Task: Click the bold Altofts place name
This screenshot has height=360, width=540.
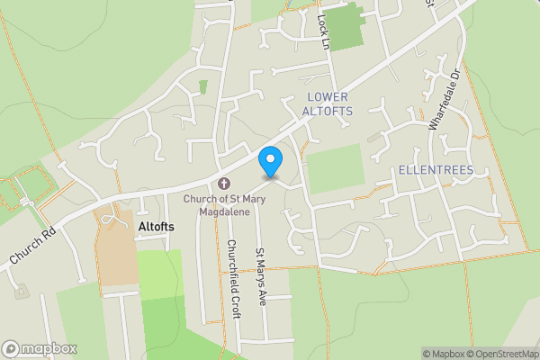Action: [156, 228]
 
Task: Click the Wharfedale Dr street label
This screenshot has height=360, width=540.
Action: [444, 100]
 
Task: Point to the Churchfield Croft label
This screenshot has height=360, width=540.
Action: [231, 271]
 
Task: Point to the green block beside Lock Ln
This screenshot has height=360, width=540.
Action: [342, 25]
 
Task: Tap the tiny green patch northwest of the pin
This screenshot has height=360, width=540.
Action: [202, 87]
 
